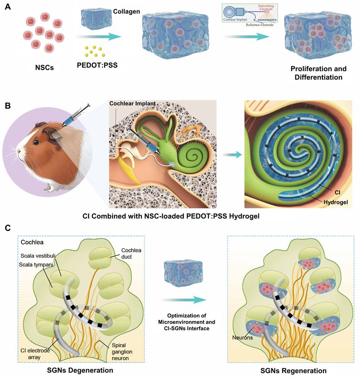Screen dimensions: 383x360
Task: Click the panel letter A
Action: [7, 7]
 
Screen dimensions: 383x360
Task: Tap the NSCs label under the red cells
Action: [45, 68]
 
